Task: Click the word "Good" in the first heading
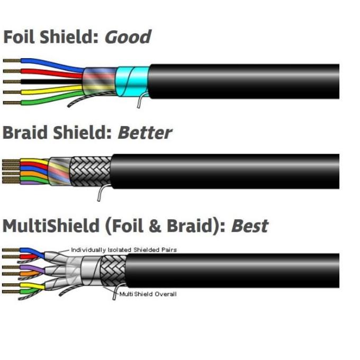[x=128, y=37]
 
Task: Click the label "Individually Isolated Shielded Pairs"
[x=122, y=249]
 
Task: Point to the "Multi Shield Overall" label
[x=148, y=294]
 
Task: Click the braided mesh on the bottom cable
[x=113, y=272]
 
